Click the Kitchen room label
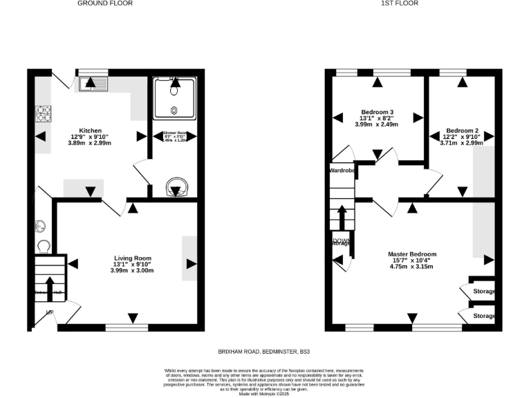(x=91, y=131)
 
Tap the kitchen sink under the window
(x=92, y=84)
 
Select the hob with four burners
(x=44, y=113)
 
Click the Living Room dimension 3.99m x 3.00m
(x=131, y=270)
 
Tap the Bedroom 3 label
(x=378, y=112)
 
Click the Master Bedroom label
(x=411, y=254)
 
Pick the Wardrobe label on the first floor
(x=342, y=170)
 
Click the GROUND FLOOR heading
(x=105, y=3)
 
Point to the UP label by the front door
(x=49, y=312)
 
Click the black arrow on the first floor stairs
(x=341, y=216)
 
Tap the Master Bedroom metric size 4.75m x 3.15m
(x=411, y=266)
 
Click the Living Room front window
(x=127, y=326)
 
